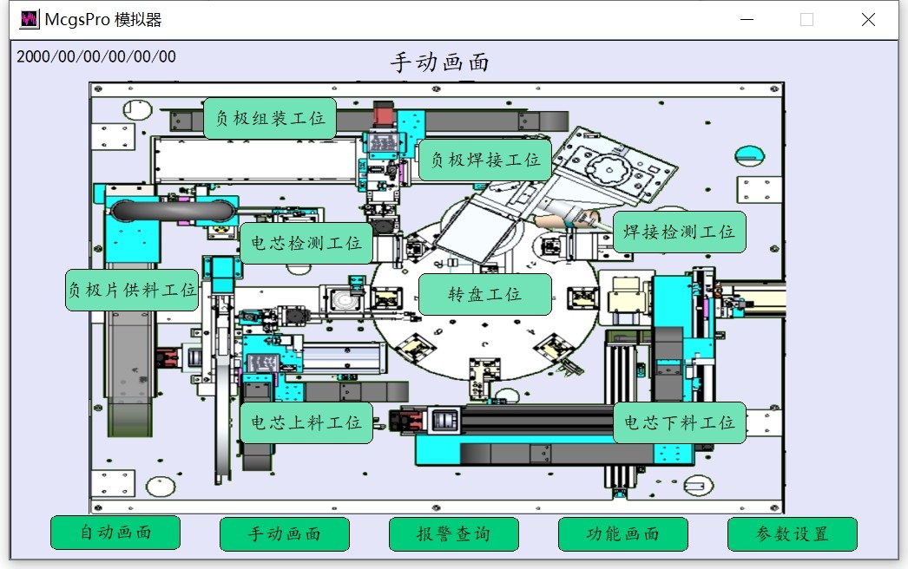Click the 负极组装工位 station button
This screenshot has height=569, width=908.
270,118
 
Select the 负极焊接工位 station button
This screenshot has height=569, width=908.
484,160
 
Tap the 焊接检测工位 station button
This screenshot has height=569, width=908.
679,232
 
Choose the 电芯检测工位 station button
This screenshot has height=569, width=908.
306,243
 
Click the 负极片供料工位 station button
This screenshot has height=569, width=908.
132,290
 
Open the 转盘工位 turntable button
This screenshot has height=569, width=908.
484,295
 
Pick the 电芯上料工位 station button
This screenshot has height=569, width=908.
306,422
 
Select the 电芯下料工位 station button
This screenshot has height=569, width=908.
679,422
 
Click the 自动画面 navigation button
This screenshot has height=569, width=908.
115,533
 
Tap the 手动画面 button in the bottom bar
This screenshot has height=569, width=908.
285,533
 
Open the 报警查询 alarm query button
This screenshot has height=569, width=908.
453,533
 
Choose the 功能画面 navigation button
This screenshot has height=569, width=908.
623,533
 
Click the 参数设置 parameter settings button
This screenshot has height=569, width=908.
793,533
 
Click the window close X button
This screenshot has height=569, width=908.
868,20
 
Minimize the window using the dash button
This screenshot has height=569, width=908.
747,20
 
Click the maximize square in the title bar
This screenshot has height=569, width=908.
806,20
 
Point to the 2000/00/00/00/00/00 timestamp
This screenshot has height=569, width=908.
96,56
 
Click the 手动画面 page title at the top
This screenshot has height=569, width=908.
440,62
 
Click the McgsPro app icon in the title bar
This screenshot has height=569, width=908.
29,20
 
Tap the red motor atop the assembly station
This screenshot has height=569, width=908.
384,114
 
